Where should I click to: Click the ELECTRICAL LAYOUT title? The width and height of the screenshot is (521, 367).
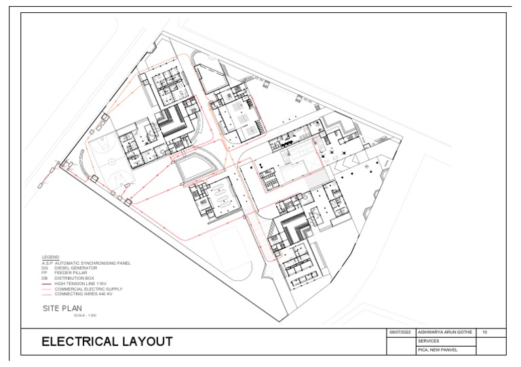click(107, 342)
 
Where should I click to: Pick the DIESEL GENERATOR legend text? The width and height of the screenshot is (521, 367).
click(75, 267)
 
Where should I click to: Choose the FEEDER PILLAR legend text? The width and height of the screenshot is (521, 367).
click(71, 272)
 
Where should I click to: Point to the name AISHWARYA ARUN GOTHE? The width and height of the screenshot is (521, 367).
click(444, 332)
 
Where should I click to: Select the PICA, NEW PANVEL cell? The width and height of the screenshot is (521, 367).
click(439, 350)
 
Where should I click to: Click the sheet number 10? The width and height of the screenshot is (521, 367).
click(484, 332)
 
